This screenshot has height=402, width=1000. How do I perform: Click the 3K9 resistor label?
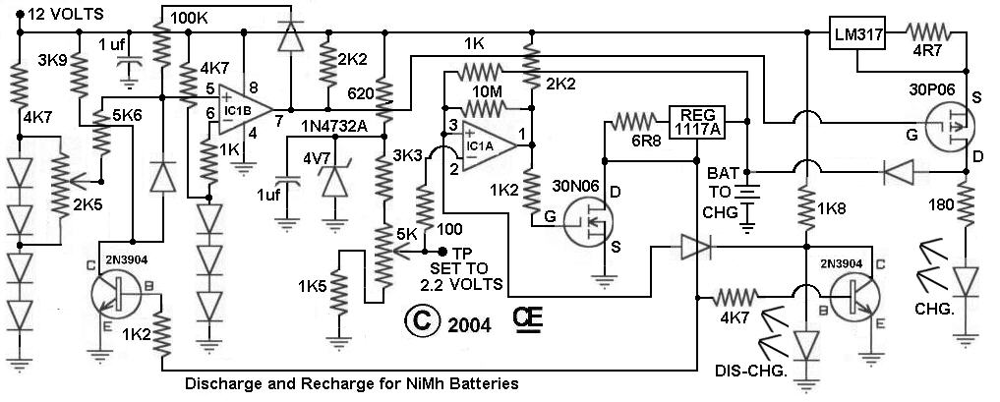(53, 60)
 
